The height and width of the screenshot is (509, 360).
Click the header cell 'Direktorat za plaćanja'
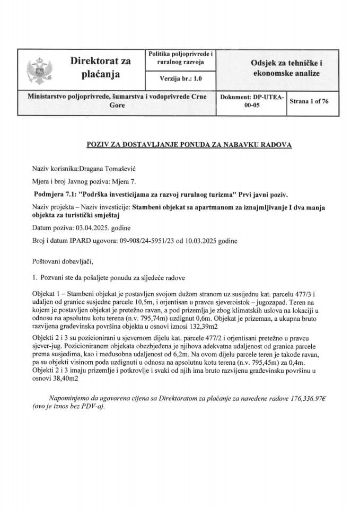[x=100, y=68]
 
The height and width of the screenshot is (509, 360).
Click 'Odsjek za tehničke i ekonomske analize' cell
[x=286, y=68]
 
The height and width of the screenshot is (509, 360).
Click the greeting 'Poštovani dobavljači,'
[x=62, y=261]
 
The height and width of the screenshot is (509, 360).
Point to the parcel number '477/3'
[x=311, y=293]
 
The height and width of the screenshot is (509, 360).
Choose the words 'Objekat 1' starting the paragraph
[x=47, y=293]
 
